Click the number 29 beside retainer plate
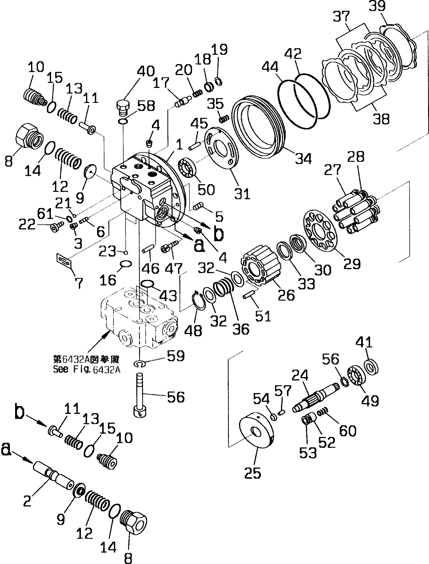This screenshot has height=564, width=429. pos(352,264)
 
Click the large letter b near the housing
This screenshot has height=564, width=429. pos(218,233)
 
